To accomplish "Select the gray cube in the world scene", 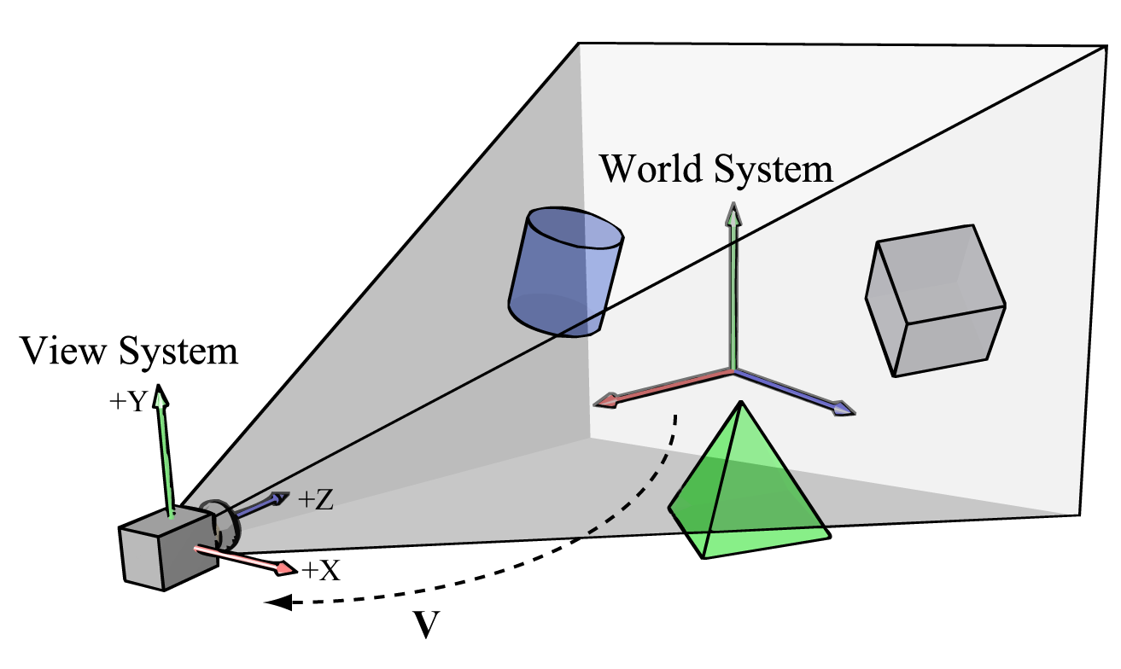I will click(x=935, y=300).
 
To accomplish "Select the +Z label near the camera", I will click(x=315, y=501).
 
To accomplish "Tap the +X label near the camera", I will click(x=321, y=570).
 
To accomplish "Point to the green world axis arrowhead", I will click(x=733, y=213).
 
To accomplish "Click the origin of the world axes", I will click(x=733, y=370).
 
